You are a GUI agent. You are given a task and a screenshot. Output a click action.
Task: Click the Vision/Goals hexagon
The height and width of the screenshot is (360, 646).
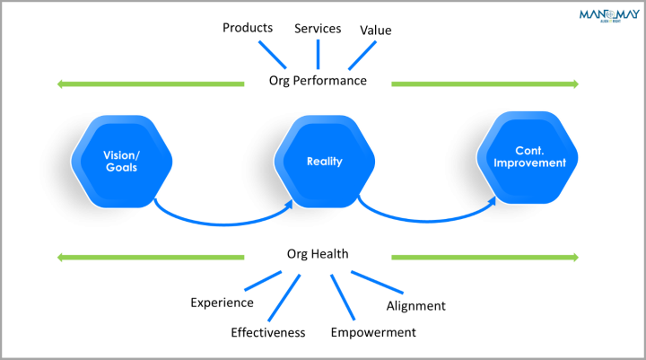tap(121, 162)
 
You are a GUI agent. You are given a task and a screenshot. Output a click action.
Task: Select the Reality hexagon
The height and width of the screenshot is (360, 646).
tap(324, 162)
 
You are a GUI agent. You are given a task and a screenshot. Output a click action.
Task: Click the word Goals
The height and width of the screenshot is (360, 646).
tap(121, 168)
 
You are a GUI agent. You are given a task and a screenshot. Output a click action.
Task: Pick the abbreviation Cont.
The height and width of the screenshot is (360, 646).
tap(528, 152)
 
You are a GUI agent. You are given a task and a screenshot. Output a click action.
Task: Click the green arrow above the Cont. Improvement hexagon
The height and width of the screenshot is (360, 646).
tap(484, 84)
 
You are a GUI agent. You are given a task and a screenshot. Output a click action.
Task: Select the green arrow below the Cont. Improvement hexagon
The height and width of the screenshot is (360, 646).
tap(484, 258)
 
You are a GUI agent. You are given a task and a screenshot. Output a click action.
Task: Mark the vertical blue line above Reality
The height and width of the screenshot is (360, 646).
tap(318, 54)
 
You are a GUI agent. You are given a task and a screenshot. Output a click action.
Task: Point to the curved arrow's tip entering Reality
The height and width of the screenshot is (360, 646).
tap(290, 205)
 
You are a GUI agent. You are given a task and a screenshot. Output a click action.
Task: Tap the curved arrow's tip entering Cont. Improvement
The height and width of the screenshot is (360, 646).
tap(493, 202)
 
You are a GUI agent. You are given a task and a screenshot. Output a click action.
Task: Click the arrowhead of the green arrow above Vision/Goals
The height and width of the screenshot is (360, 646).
tap(60, 84)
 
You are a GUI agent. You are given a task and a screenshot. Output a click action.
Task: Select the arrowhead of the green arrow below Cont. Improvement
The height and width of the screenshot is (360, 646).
tap(575, 258)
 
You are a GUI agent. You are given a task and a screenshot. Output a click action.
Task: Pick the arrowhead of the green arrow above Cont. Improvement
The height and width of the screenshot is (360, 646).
tap(575, 84)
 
